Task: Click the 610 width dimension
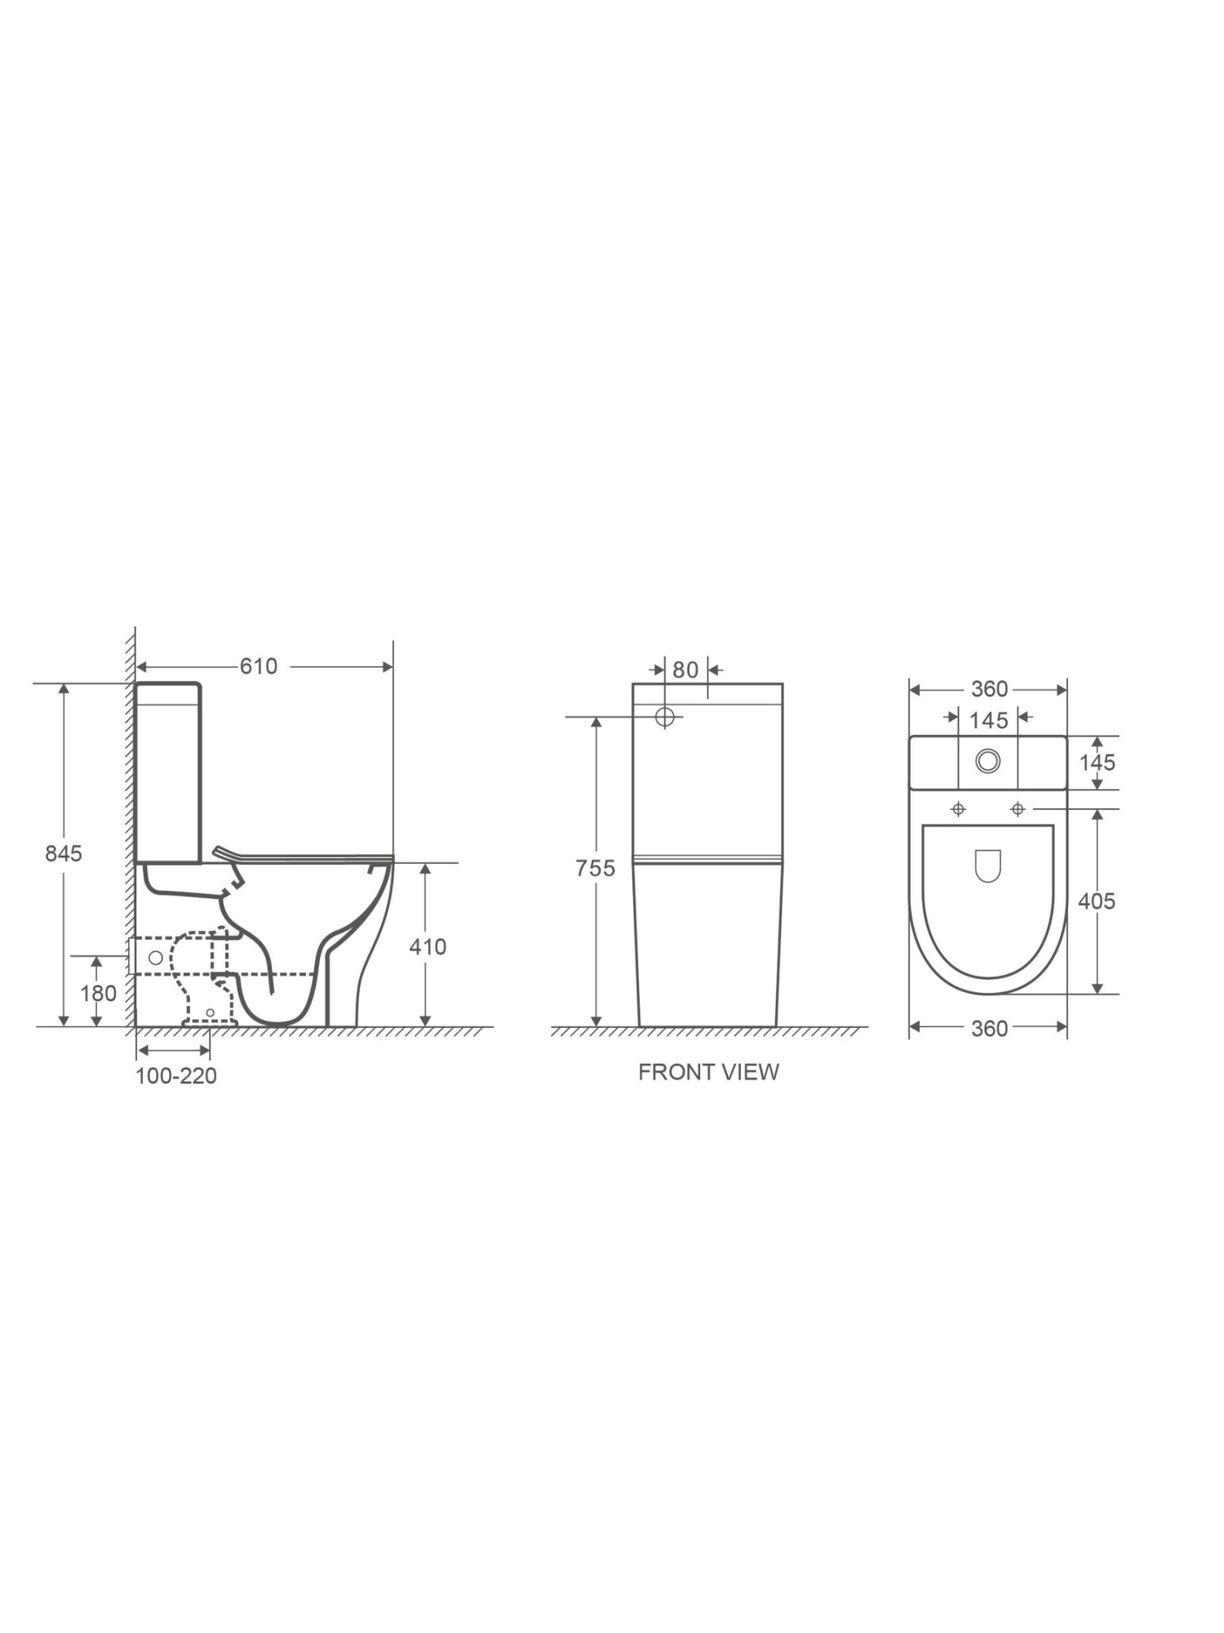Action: (x=259, y=666)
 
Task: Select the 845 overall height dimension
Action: (x=64, y=853)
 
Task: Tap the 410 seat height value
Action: (x=428, y=947)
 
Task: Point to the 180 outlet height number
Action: (x=99, y=994)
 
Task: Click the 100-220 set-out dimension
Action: (x=176, y=1076)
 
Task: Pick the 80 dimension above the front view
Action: (x=685, y=670)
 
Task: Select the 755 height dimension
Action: (x=595, y=868)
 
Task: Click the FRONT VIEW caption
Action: (x=708, y=1072)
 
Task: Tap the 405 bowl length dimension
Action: (x=1096, y=901)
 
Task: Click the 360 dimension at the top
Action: (x=989, y=689)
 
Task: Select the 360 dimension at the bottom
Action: (x=989, y=1029)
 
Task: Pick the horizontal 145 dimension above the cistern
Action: (x=989, y=720)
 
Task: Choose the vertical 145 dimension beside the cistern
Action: (x=1097, y=763)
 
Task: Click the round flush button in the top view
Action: (x=988, y=761)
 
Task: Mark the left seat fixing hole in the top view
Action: (x=959, y=809)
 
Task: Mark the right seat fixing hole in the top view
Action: (x=1018, y=809)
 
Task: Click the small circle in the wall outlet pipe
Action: (x=155, y=958)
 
